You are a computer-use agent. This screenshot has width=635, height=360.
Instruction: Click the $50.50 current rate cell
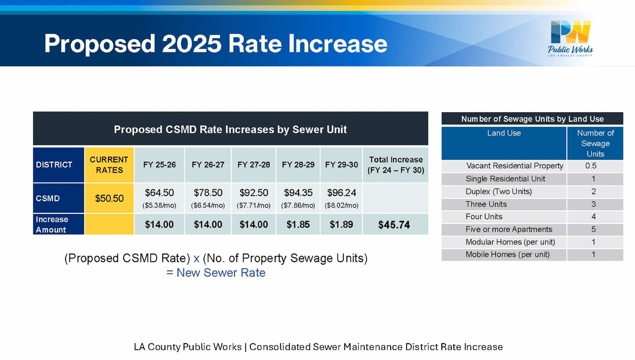pyautogui.click(x=109, y=198)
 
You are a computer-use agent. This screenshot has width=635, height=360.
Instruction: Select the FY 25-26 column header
pyautogui.click(x=159, y=165)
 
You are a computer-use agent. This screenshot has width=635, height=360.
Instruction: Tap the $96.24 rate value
pyautogui.click(x=341, y=193)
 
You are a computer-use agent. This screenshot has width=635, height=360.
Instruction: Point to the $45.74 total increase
pyautogui.click(x=394, y=225)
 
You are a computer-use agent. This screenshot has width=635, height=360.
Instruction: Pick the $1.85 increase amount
pyautogui.click(x=298, y=224)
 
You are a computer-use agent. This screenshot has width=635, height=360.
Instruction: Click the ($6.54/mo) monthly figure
pyautogui.click(x=208, y=205)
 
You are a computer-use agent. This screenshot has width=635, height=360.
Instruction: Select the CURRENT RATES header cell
pyautogui.click(x=109, y=165)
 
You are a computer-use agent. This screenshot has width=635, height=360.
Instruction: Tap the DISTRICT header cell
pyautogui.click(x=54, y=165)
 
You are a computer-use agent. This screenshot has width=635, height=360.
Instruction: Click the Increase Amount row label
pyautogui.click(x=52, y=224)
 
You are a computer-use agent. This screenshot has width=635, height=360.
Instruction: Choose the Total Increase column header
pyautogui.click(x=396, y=165)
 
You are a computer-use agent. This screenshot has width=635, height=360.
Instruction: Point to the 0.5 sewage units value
pyautogui.click(x=591, y=166)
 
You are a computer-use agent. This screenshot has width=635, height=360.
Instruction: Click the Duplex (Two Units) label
pyautogui.click(x=499, y=192)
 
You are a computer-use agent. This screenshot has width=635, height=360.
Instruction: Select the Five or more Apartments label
pyautogui.click(x=509, y=229)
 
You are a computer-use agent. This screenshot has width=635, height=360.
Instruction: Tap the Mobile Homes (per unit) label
pyautogui.click(x=508, y=255)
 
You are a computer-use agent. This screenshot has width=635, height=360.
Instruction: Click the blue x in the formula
pyautogui.click(x=196, y=258)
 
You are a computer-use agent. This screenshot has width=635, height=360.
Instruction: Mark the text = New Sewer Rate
pyautogui.click(x=216, y=273)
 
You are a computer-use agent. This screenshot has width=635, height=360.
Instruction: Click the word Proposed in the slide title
pyautogui.click(x=100, y=43)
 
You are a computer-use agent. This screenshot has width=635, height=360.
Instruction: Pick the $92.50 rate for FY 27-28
pyautogui.click(x=254, y=193)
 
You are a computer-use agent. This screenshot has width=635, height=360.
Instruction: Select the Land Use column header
pyautogui.click(x=504, y=133)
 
